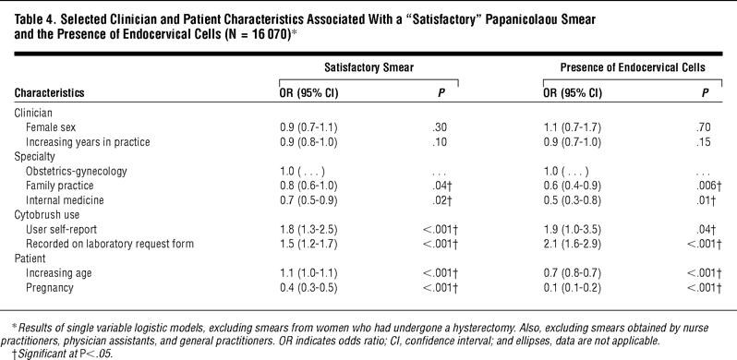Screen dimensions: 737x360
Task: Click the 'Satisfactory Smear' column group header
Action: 369,67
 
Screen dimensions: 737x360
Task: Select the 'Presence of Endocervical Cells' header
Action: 633,67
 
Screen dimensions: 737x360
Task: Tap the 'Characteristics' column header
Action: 49,92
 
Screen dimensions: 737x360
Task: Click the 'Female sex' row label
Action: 51,127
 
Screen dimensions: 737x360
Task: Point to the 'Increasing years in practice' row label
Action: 88,142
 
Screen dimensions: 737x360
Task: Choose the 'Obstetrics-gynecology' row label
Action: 76,171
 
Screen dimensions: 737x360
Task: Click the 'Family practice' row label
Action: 60,186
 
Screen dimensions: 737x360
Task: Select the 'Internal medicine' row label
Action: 65,200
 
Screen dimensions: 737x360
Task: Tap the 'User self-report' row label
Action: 61,229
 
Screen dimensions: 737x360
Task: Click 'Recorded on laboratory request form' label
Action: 110,244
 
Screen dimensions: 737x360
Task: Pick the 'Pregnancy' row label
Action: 49,288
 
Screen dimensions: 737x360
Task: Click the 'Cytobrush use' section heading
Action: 47,215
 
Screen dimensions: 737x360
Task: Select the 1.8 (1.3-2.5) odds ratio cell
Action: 308,230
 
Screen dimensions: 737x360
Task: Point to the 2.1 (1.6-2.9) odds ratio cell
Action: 572,245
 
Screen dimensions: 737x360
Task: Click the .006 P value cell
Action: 707,186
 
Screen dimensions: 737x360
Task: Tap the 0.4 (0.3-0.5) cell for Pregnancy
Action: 308,288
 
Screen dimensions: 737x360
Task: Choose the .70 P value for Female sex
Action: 704,127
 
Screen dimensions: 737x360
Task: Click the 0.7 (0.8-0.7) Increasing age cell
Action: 572,273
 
